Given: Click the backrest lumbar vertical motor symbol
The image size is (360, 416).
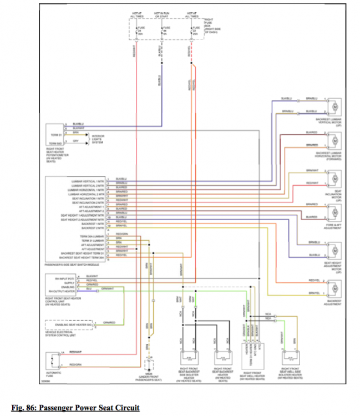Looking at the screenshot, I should point(334,105).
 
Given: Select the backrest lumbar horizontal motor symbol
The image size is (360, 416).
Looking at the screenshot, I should point(334,139).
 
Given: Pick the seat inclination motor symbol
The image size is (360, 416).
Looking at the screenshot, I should point(334,176).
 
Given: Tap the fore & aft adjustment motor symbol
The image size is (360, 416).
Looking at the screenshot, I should point(334,211).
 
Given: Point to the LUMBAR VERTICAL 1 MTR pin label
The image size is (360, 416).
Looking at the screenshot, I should point(88,181).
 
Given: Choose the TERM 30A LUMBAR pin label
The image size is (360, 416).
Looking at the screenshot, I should point(92,237).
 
